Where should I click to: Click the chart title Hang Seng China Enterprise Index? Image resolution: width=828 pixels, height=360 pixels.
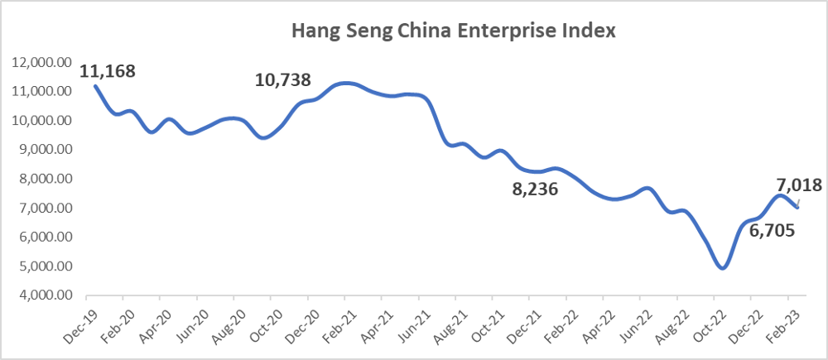453,32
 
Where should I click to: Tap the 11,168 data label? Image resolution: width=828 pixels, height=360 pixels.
107,71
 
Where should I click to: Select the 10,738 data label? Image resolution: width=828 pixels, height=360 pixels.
283,80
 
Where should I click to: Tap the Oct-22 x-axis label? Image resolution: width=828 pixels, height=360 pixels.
705,321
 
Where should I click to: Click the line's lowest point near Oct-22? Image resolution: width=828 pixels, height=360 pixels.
722,268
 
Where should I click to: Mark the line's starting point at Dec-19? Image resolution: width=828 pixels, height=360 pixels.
95,85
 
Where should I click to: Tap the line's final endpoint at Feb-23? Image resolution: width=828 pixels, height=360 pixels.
797,207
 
